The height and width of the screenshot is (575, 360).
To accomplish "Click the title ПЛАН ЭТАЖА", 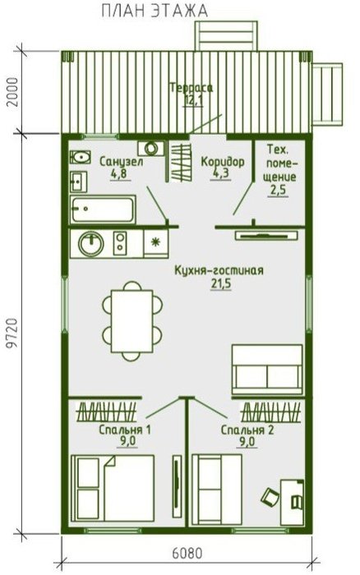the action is point(155,11).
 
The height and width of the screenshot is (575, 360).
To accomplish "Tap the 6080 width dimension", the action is point(187,553).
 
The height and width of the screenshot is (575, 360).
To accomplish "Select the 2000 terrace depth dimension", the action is point(12,92).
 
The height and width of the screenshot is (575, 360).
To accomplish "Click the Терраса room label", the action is point(192,88).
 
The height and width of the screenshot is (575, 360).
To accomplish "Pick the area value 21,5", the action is point(221,284).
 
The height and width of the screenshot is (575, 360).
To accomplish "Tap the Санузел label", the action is point(121,161).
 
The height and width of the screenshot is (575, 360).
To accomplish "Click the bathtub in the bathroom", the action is point(103,209).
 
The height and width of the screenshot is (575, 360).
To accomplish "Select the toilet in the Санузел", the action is point(81,158).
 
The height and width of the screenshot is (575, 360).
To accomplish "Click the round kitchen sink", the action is point(91,244).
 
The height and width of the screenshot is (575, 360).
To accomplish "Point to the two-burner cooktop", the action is point(120,243).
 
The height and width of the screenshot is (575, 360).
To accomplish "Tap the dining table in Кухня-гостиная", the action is point(132,321).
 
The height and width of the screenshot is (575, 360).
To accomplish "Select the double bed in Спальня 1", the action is point(113,488).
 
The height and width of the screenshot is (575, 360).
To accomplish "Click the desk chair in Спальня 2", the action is point(270,497).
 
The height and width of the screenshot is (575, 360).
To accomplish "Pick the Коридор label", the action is point(223,161).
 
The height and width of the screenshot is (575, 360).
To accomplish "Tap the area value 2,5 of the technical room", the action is point(278,191).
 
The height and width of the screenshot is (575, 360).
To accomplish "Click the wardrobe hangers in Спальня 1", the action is point(106,412).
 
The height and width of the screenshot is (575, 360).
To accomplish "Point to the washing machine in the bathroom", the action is point(151,148).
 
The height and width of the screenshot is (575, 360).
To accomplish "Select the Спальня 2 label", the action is point(247,430).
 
